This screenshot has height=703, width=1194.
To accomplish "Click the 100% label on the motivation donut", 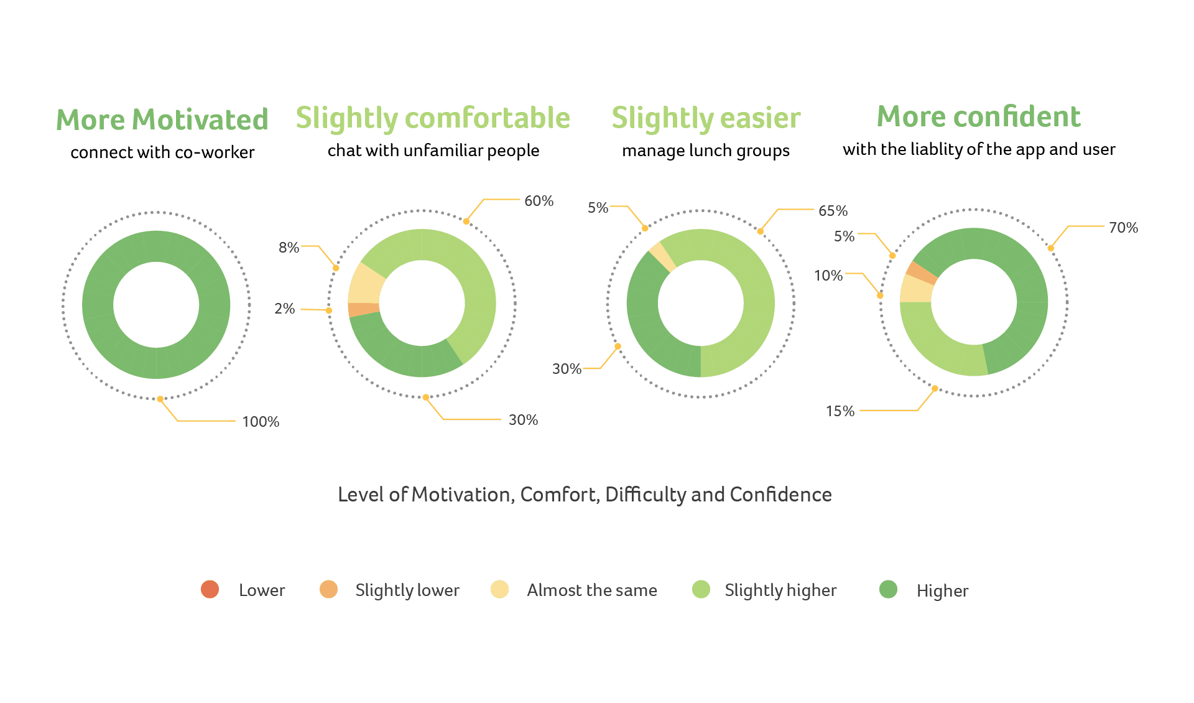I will (261, 422).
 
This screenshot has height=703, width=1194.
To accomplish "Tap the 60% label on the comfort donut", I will (539, 201).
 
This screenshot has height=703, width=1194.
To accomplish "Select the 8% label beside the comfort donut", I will (289, 248).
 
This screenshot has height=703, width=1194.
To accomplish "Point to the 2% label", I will (285, 309).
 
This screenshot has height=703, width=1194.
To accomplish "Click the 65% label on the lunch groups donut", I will (833, 211).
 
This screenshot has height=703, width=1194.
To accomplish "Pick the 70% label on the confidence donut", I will (1123, 228).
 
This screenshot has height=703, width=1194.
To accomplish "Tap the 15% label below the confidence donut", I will (840, 411).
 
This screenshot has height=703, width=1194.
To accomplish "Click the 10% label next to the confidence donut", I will (828, 276).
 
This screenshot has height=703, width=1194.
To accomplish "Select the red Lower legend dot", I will (210, 589).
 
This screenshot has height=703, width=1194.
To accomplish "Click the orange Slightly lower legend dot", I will (328, 589).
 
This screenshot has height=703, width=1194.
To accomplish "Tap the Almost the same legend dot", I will (499, 589).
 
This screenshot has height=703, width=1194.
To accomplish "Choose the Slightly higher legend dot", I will (701, 589).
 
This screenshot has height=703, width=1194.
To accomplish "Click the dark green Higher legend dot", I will (888, 589).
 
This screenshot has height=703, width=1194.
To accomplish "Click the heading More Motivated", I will (162, 119).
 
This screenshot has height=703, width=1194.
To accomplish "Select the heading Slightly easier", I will (706, 118).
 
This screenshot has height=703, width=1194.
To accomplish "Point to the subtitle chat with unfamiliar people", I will (433, 151).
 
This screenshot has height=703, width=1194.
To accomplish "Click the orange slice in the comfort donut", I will (364, 309).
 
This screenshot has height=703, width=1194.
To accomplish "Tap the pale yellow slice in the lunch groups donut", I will (662, 256).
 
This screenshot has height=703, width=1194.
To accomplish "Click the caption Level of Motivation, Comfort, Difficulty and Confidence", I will (585, 495).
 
